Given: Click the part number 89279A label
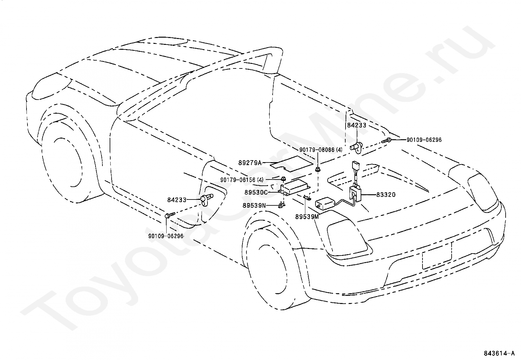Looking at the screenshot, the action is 250,162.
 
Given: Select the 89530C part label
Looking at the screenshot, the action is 256,192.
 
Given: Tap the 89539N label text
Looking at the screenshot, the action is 254,205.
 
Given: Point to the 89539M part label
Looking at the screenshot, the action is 307,217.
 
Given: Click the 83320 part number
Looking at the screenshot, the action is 386,195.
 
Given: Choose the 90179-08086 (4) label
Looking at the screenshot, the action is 321,150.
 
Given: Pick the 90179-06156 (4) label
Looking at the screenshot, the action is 242,180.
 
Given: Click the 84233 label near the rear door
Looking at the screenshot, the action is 177,200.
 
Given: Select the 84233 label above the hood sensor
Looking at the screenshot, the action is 357,125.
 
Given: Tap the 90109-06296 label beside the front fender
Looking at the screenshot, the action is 424,140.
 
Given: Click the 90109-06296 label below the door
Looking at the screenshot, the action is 166,236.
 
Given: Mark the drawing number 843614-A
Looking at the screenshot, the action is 499,353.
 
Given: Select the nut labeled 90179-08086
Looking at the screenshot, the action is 317,169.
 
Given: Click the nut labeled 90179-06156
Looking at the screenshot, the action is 283,179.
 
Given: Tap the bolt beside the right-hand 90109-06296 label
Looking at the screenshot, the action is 386,140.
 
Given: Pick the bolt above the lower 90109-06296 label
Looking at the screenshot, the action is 170,215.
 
